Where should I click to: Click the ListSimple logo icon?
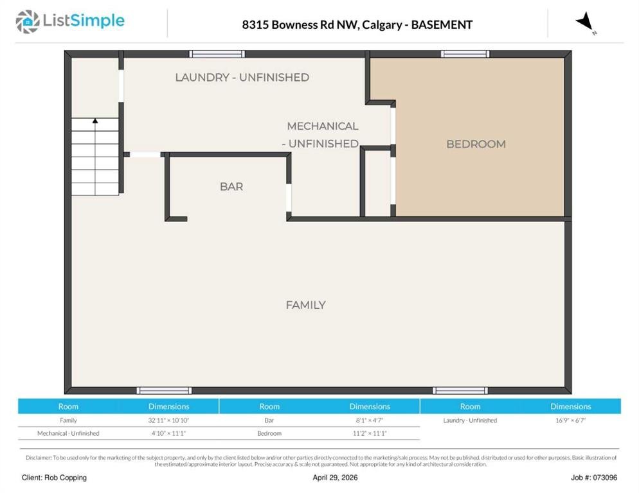27,22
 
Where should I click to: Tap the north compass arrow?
586,22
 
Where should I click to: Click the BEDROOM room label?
476,144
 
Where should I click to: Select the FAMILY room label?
305,305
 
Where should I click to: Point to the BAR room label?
231,186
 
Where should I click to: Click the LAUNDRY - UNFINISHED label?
242,77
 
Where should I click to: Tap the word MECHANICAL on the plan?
323,126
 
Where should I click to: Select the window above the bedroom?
465,54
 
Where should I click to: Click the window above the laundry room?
217,54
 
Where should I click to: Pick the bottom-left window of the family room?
164,391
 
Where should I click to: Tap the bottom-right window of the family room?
460,391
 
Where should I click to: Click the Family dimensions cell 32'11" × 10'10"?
168,420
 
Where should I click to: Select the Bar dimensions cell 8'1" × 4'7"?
370,420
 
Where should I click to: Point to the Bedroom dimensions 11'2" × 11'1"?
370,433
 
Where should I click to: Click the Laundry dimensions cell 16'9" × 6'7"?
571,420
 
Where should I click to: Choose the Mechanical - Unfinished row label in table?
68,433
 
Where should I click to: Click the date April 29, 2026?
335,478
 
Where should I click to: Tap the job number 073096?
605,478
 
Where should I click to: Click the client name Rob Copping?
65,478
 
